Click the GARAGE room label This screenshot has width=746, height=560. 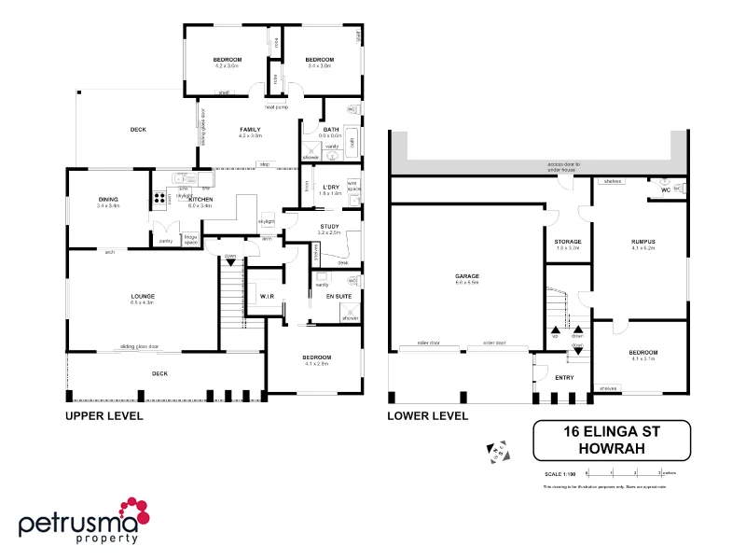click(x=466, y=277)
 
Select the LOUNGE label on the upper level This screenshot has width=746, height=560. click(x=142, y=297)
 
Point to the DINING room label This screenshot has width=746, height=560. click(x=108, y=200)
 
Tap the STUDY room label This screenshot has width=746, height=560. click(x=329, y=227)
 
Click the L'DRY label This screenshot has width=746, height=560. click(x=331, y=188)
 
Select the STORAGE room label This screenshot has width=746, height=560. click(x=568, y=242)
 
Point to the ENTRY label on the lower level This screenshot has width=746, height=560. click(x=564, y=377)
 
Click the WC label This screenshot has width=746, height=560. click(x=665, y=189)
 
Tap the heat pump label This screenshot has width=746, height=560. click(x=277, y=107)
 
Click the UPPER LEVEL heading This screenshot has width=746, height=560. click(x=104, y=416)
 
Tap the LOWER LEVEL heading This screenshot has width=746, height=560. click(x=427, y=416)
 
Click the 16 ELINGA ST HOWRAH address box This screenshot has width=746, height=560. click(x=611, y=441)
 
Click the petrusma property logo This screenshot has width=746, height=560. click(x=84, y=520)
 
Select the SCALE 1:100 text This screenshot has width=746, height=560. click(x=559, y=474)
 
